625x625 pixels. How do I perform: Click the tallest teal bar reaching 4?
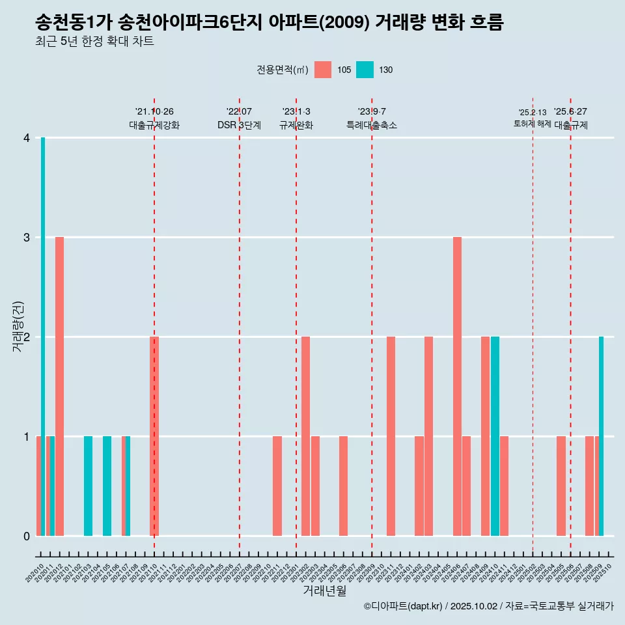(x=43, y=337)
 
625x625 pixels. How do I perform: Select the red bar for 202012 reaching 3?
(x=59, y=386)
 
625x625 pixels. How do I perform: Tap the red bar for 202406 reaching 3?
(x=457, y=386)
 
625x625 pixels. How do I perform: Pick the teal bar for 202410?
(x=495, y=436)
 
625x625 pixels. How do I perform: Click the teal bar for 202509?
(x=602, y=436)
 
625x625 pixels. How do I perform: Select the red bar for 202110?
(x=154, y=436)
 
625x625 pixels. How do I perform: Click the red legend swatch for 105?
(x=323, y=70)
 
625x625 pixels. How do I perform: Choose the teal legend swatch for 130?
(x=365, y=70)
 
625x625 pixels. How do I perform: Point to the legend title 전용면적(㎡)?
(x=282, y=70)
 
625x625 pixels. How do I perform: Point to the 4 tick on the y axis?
(x=27, y=138)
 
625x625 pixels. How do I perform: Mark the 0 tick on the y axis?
(x=27, y=536)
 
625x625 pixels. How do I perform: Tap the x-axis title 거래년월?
(x=324, y=591)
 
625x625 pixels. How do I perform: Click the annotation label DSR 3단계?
(x=239, y=125)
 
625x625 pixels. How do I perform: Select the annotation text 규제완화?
(x=296, y=125)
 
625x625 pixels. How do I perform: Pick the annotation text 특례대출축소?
(x=372, y=125)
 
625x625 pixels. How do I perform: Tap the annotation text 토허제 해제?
(x=532, y=124)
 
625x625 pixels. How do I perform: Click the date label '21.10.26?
(x=154, y=111)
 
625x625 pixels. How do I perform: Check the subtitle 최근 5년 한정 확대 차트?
(x=94, y=42)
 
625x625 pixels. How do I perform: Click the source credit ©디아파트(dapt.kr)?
(x=404, y=606)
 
